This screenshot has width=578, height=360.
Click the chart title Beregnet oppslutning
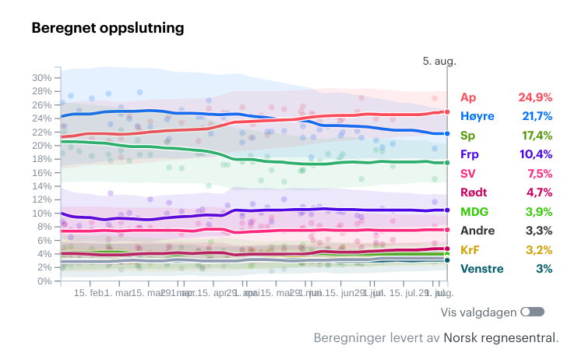(x=107, y=28)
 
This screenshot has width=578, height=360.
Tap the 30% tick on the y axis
(x=42, y=78)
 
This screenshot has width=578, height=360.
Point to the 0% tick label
(x=45, y=281)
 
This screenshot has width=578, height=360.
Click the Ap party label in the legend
(x=468, y=97)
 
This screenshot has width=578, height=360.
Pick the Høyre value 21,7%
(x=536, y=116)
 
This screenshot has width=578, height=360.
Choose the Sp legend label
(x=468, y=136)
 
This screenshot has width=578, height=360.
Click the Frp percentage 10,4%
(x=536, y=154)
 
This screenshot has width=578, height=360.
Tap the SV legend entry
(x=468, y=174)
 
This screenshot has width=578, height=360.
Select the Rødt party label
(x=474, y=192)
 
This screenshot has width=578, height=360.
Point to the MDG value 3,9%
(x=538, y=212)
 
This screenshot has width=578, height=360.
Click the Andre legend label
(x=478, y=231)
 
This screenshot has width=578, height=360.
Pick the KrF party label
(x=471, y=250)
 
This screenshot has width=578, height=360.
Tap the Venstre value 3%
(x=544, y=269)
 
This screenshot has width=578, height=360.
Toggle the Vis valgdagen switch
(x=533, y=312)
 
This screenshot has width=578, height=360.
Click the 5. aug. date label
(x=439, y=60)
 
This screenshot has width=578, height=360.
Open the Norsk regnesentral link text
(x=499, y=338)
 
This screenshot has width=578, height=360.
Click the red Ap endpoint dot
(x=447, y=112)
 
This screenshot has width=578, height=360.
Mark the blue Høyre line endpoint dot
(x=447, y=133)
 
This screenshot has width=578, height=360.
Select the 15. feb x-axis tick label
(x=90, y=293)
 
